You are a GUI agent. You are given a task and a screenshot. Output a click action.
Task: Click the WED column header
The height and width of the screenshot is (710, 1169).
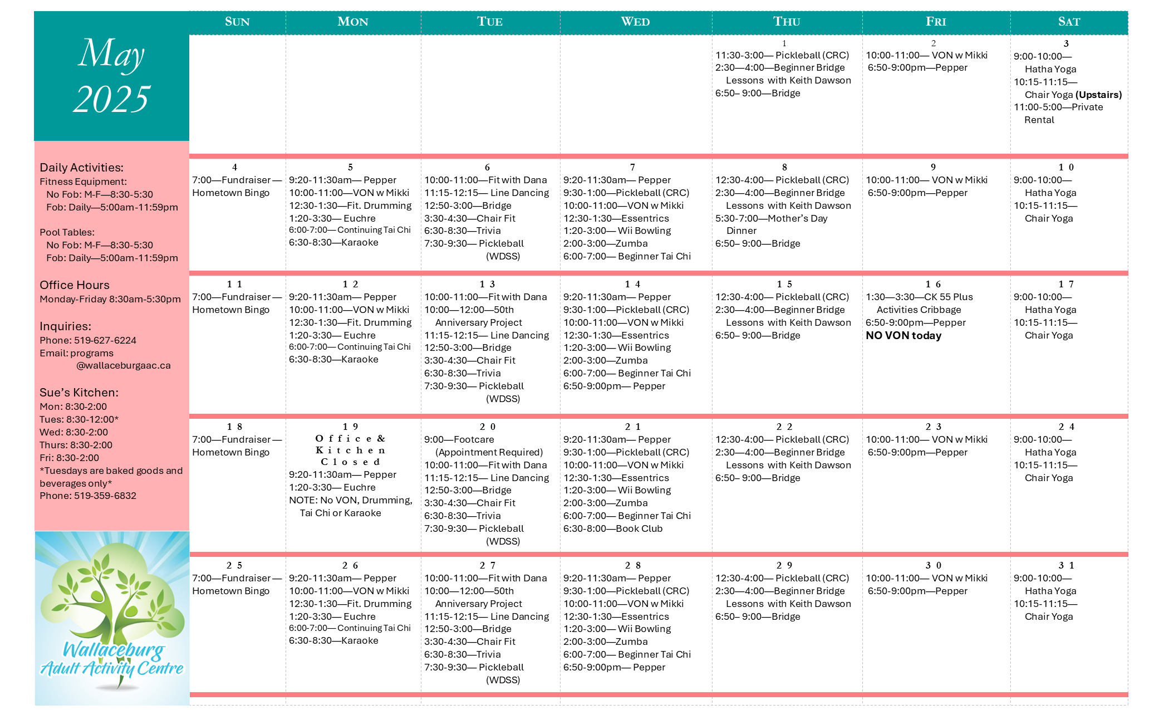635,22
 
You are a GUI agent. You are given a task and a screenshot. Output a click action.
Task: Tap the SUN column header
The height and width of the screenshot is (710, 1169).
237,22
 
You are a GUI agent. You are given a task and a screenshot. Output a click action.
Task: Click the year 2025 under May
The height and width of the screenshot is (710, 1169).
111,99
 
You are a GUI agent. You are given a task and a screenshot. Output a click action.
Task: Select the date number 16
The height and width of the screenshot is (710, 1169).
934,284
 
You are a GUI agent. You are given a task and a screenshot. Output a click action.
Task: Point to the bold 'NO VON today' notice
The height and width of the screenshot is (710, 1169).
903,335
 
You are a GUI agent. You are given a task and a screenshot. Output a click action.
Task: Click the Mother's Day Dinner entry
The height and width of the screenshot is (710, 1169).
771,224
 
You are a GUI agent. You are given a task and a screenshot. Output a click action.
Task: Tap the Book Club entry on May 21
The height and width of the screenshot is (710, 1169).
613,528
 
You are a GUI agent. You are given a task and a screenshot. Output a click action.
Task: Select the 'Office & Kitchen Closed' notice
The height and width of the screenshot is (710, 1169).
351,450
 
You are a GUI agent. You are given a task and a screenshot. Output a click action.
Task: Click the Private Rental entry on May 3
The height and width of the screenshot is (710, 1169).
1058,113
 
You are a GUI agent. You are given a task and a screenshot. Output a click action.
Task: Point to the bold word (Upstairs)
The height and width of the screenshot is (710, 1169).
1098,95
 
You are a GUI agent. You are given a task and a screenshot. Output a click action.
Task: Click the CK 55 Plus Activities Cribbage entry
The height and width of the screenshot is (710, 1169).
919,303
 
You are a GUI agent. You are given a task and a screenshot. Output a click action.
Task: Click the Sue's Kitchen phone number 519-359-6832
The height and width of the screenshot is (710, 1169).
105,496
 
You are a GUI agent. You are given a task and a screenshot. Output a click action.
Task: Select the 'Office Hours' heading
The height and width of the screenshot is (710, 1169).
75,285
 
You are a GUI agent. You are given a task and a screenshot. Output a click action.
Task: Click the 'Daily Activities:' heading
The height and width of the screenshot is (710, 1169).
81,168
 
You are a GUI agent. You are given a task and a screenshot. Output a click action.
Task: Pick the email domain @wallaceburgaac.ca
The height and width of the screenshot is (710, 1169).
124,365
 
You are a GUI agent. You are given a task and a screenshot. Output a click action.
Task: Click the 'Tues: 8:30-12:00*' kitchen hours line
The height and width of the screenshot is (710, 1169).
79,419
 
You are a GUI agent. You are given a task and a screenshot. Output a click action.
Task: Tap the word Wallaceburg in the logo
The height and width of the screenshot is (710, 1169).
114,649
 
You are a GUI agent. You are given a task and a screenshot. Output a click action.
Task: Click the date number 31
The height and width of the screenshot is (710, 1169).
1067,565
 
